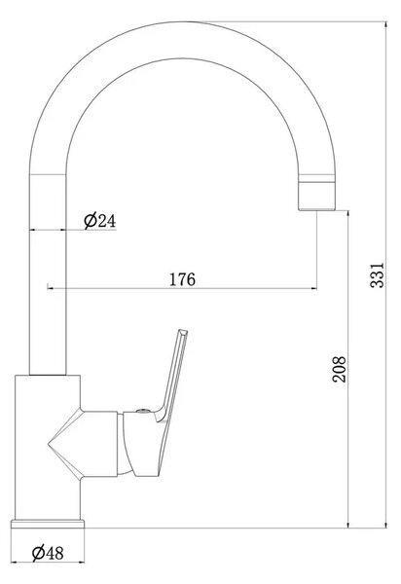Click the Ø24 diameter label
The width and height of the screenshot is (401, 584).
100,221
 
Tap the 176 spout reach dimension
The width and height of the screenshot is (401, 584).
182,279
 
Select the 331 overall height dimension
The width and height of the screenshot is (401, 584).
377,274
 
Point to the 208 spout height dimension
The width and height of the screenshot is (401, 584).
339,369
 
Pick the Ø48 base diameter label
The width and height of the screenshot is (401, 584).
48,553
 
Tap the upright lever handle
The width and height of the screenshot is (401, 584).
172,376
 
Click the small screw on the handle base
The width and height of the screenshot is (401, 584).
143,411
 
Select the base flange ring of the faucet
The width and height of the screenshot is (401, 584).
48,524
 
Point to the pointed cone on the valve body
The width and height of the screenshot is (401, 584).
64,445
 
